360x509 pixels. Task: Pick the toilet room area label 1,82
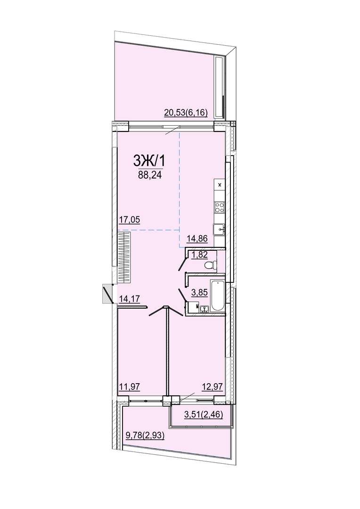point(200,255)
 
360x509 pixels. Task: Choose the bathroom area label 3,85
point(199,293)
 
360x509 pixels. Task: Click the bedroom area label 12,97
point(212,386)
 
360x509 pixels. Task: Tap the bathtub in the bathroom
point(217,296)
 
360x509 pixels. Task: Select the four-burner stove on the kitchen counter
point(220,207)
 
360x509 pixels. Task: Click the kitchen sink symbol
point(219,229)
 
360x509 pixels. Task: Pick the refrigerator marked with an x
point(220,185)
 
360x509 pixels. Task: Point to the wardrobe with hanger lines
point(123,257)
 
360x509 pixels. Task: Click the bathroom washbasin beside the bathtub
point(204,309)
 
